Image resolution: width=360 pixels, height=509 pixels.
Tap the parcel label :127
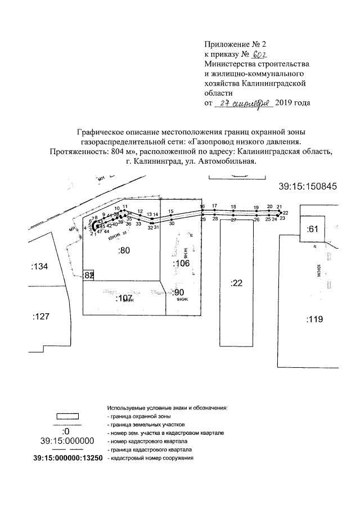[41, 317]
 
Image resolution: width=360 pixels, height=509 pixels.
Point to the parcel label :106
[181, 264]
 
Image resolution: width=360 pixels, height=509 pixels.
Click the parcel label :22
[236, 283]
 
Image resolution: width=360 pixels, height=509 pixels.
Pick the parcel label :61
[313, 229]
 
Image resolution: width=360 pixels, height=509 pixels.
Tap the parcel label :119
[314, 320]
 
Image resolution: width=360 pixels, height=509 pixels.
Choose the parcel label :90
[178, 292]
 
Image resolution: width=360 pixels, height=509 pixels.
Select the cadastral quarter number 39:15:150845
[307, 187]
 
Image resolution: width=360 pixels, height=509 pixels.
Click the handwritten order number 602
[259, 55]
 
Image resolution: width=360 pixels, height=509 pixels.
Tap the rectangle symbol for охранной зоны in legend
[68, 416]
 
